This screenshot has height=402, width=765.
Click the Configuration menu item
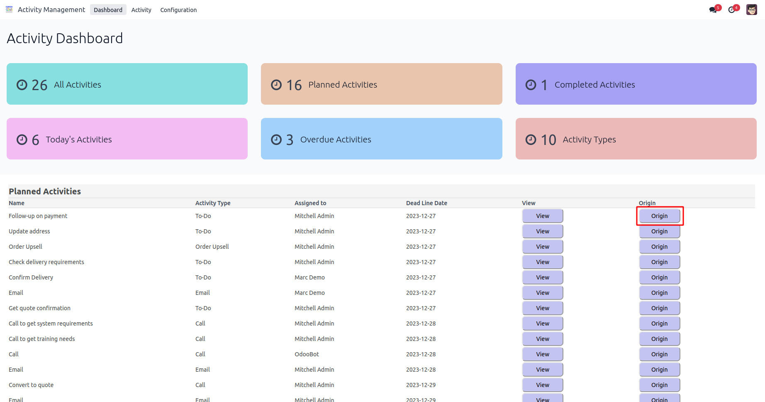[x=178, y=10]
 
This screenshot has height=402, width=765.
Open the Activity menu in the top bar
[x=141, y=10]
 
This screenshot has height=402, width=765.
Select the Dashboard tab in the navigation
[x=108, y=10]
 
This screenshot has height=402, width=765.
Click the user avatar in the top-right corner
[x=751, y=10]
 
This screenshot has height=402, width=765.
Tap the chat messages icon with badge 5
[x=714, y=10]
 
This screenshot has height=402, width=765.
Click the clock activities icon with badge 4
[x=732, y=10]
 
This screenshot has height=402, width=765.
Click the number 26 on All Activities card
[x=39, y=85]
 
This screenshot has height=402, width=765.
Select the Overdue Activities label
[x=336, y=140]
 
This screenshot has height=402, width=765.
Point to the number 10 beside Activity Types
[x=548, y=140]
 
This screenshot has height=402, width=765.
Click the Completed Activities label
[x=594, y=85]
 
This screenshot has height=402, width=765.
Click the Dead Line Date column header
[x=426, y=203]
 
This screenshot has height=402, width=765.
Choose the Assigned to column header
[x=310, y=203]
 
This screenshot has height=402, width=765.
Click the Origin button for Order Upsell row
[x=659, y=247]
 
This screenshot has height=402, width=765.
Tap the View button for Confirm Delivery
[x=542, y=277]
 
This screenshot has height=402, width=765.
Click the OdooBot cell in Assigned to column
[x=307, y=354]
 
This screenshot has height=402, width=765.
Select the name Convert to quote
[x=31, y=385]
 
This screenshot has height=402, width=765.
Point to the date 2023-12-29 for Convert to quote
[x=421, y=385]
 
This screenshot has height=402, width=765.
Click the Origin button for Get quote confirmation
[x=659, y=308]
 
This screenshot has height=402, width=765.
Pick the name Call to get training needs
[x=42, y=339]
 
